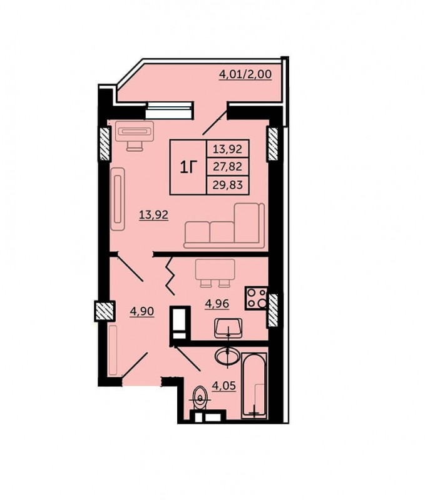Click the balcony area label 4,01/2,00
(x=245, y=74)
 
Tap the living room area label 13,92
(x=153, y=214)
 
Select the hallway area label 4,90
(x=142, y=311)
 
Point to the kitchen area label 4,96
(x=217, y=303)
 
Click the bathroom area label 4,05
(x=224, y=386)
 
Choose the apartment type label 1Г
(x=188, y=167)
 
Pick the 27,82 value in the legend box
(x=228, y=166)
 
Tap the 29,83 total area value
(x=228, y=184)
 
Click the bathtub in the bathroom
(x=254, y=386)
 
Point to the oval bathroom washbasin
(x=227, y=355)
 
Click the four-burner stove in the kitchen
(x=257, y=298)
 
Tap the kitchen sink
(x=228, y=327)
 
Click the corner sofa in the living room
(x=225, y=226)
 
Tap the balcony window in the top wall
(x=170, y=111)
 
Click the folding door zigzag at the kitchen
(x=170, y=276)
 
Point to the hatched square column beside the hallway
(x=105, y=311)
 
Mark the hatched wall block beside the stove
(x=272, y=310)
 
